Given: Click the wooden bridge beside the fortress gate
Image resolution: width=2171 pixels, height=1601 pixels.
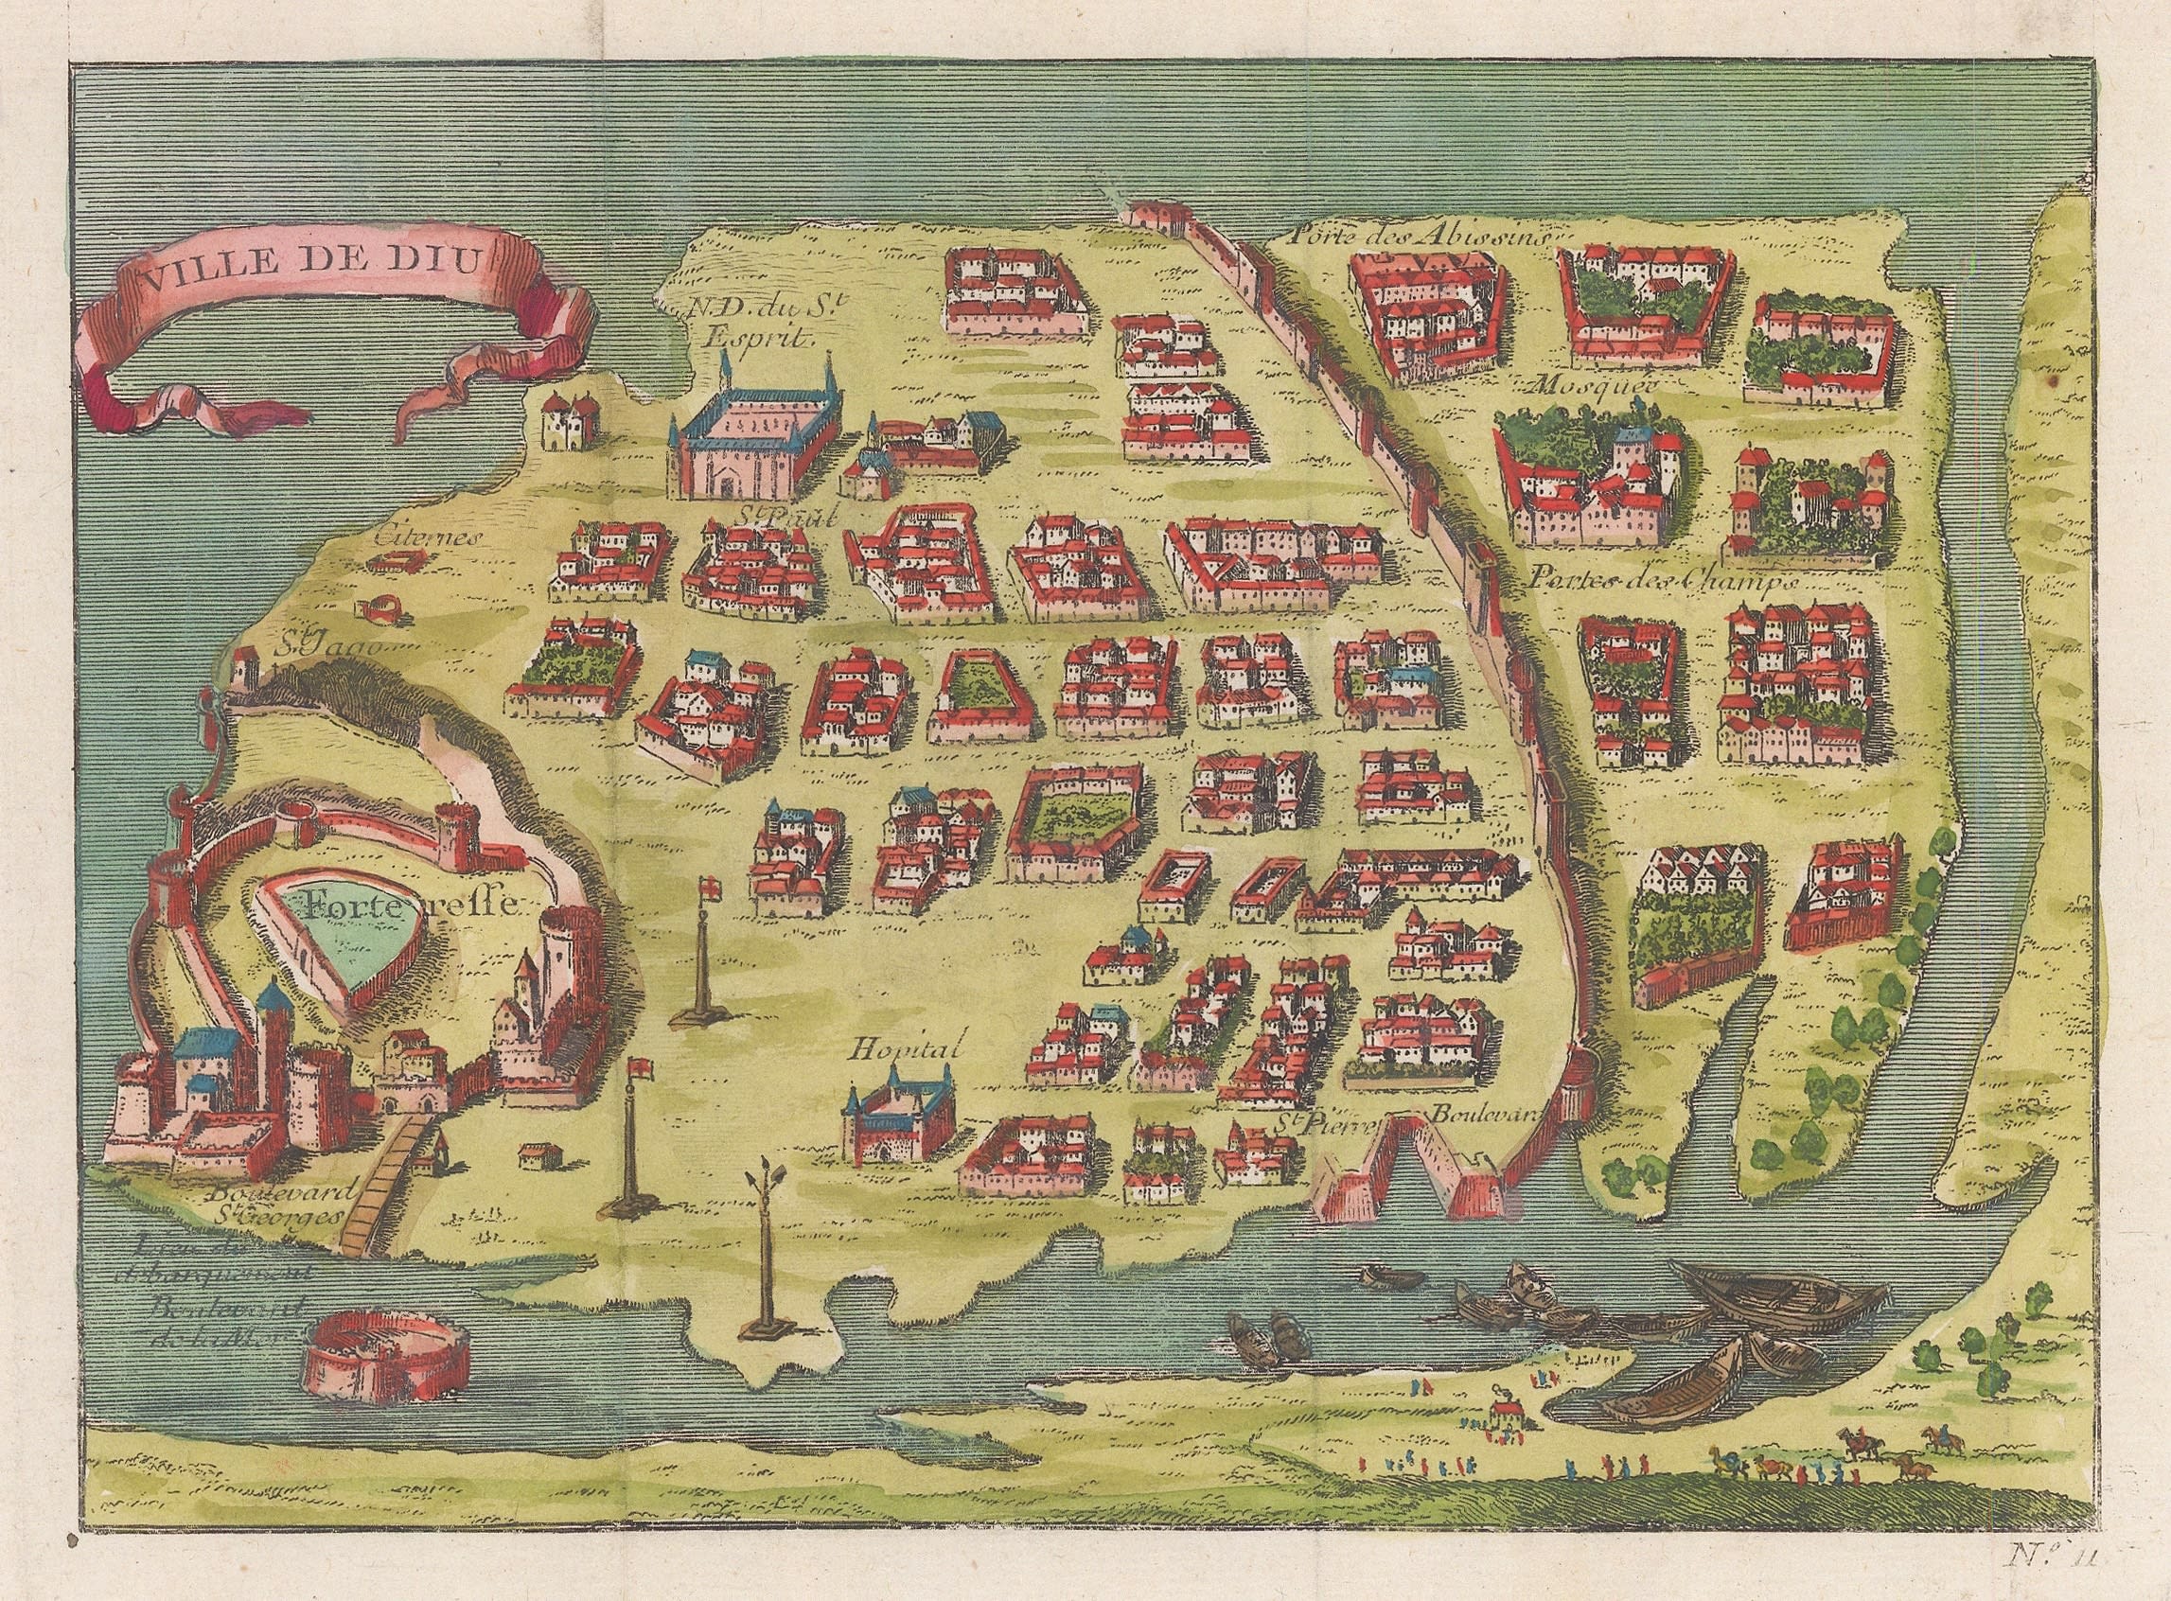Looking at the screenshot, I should (385, 1187).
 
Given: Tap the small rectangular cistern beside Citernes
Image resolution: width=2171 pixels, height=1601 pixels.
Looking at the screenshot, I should (396, 562).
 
